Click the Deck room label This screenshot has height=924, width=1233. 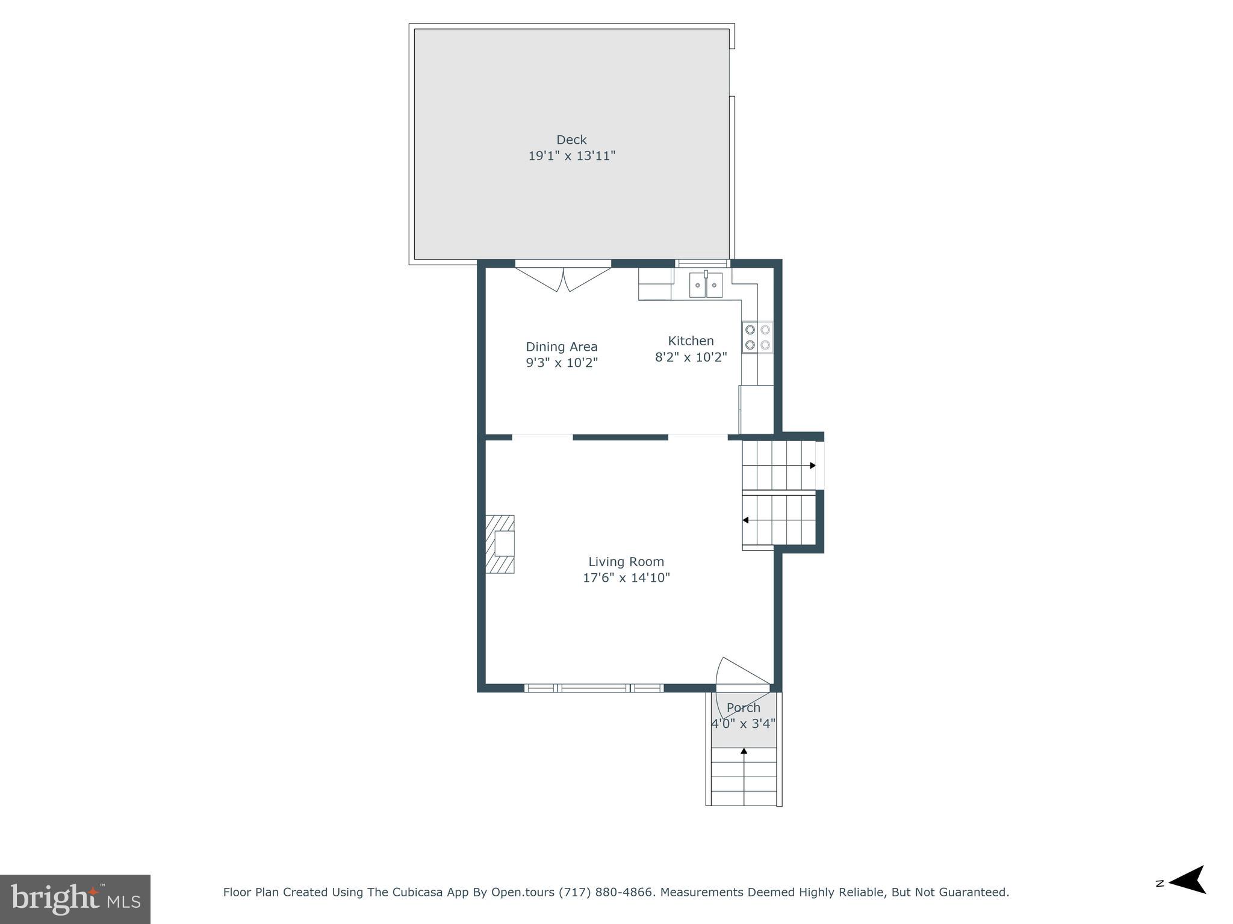(571, 140)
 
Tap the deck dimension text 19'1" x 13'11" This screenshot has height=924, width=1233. (571, 156)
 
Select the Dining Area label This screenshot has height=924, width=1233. (561, 346)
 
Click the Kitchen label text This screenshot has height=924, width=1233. (691, 340)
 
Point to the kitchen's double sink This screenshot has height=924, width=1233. (706, 285)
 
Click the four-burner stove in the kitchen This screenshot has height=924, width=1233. (757, 337)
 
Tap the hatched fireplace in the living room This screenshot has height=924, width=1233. (500, 544)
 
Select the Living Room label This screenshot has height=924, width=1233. (626, 561)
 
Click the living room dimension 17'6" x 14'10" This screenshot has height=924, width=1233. (626, 577)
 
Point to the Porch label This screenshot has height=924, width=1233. (743, 707)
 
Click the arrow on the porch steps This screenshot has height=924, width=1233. (744, 751)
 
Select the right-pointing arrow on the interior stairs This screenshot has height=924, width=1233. (812, 465)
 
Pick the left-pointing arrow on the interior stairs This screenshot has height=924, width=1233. (745, 520)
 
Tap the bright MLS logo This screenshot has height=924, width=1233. (75, 899)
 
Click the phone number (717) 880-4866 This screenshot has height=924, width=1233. (607, 892)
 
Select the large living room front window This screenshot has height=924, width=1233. (594, 688)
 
